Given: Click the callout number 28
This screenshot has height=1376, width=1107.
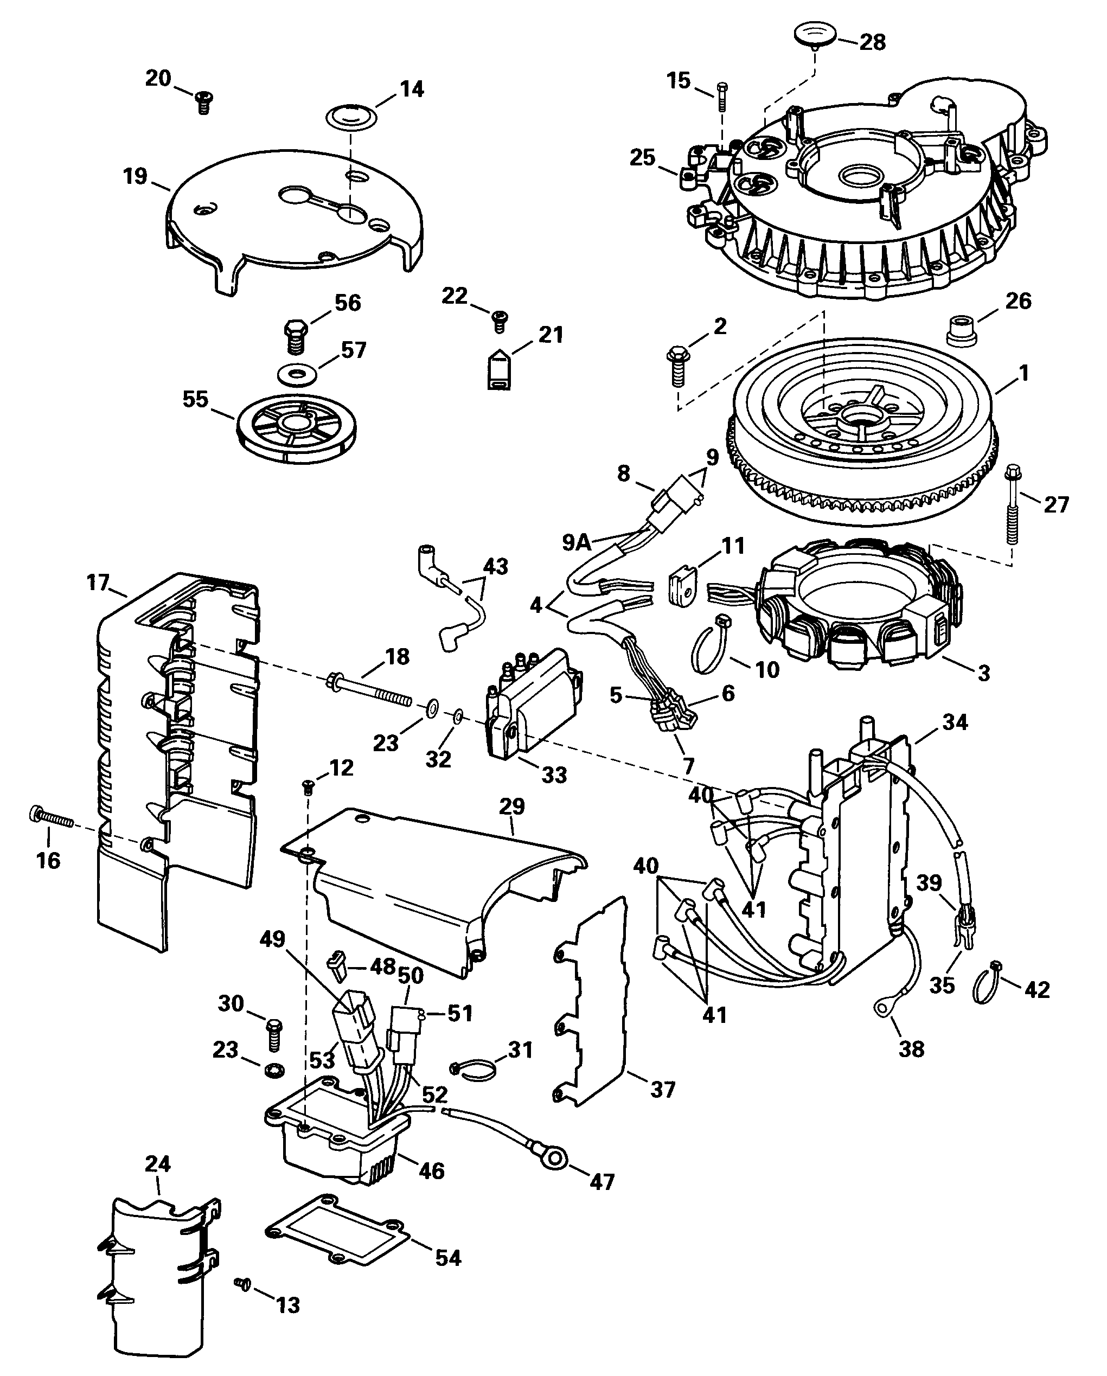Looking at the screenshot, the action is [x=872, y=42].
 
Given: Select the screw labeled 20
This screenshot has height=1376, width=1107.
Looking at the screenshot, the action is [x=203, y=102].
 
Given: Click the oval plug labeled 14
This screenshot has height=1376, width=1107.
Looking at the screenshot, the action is [x=351, y=116].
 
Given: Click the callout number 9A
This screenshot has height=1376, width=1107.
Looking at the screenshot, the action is [x=577, y=542].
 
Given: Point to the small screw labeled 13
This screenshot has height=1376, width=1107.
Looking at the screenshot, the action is [x=242, y=1300].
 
